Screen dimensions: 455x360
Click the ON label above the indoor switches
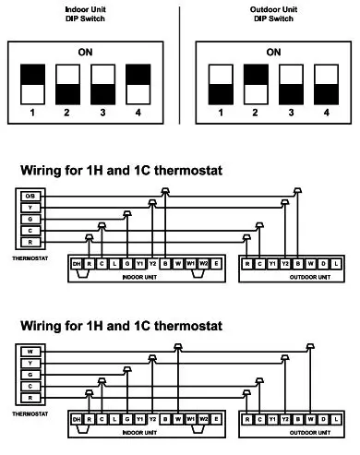pyautogui.click(x=84, y=53)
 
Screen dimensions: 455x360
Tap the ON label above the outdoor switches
pyautogui.click(x=273, y=53)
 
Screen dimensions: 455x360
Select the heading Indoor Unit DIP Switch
pyautogui.click(x=83, y=14)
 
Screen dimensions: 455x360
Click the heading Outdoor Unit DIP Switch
pyautogui.click(x=272, y=14)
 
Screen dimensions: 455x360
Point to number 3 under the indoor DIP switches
pyautogui.click(x=102, y=114)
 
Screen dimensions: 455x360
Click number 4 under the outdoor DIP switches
pyautogui.click(x=326, y=114)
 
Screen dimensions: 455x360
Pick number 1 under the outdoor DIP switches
pyautogui.click(x=220, y=114)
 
